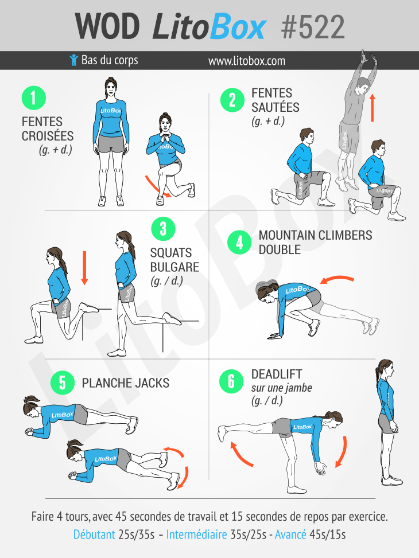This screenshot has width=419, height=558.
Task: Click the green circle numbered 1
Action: tap(34, 98)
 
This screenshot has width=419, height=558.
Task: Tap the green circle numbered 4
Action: tap(239, 243)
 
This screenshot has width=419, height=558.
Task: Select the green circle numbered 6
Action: tap(231, 381)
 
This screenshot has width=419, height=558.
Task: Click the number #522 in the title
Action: tap(313, 27)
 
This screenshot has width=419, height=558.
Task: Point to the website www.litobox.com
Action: tap(247, 61)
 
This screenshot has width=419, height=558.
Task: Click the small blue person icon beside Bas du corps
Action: tap(73, 60)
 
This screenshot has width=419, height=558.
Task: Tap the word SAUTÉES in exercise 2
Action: tap(275, 107)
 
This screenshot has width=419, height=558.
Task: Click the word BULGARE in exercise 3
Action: tap(174, 267)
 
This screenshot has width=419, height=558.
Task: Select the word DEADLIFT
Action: tap(277, 374)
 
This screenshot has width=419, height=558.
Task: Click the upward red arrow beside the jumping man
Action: tap(373, 108)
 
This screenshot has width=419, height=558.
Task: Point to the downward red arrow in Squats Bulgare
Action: tap(84, 268)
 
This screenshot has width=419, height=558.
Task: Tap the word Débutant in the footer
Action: tap(94, 534)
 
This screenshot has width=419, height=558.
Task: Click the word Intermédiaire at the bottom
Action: tap(197, 534)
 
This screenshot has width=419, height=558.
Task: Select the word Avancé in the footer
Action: tap(290, 534)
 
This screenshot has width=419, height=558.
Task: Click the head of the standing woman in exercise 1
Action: tap(111, 87)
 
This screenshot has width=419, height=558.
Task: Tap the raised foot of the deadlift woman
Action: tap(223, 432)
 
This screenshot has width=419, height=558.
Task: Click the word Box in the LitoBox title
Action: tap(237, 27)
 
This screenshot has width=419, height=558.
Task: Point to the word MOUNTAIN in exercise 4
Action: tap(287, 235)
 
